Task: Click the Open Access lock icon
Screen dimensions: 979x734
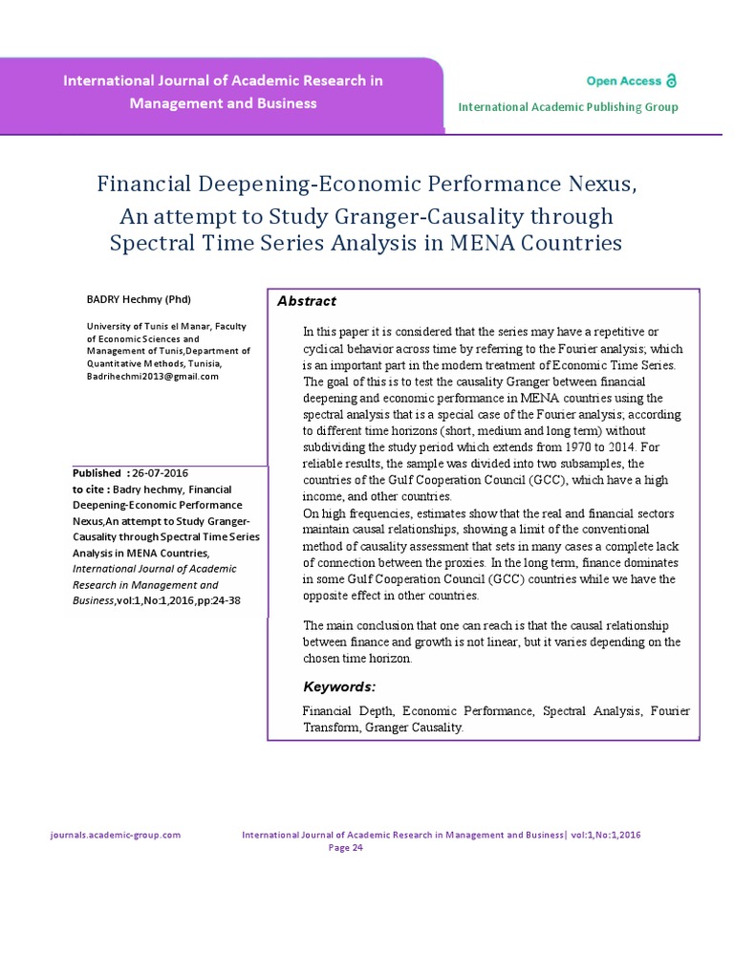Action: pos(671,81)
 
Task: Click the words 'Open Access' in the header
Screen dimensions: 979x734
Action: pos(624,81)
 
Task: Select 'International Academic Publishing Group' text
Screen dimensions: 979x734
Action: pos(568,107)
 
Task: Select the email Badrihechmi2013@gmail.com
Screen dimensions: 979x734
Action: pos(153,376)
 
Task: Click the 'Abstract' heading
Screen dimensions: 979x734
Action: pos(307,301)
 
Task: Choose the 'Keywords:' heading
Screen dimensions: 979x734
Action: pos(339,686)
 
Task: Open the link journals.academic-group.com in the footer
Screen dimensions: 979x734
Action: pos(115,835)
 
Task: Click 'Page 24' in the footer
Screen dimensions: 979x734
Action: pos(345,847)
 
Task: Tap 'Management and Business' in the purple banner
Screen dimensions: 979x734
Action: pos(223,103)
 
